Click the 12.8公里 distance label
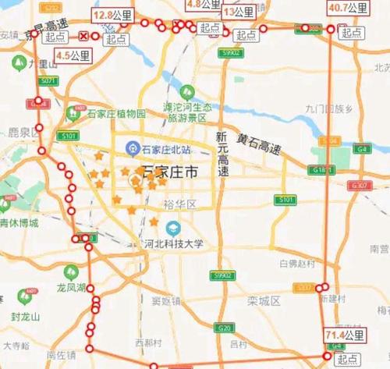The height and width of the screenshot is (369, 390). coord(112,16)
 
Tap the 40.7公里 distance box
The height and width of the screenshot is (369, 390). coord(347,9)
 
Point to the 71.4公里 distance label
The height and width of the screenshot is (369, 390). coord(344,335)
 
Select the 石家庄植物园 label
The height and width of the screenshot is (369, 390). coord(115,115)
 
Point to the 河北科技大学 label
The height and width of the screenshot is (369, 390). coord(173,243)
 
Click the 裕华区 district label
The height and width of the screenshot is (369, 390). coord(180,205)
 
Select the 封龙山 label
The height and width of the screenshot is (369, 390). coord(27,317)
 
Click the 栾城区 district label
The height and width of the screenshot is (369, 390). coord(263,300)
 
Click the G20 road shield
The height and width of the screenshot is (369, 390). coord(224,328)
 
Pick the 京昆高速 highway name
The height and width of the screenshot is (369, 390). coord(44,37)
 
